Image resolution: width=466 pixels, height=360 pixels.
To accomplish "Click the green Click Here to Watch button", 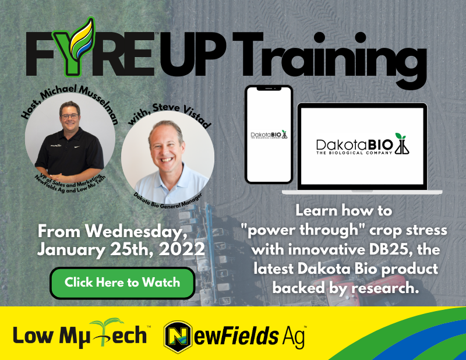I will point(122,283).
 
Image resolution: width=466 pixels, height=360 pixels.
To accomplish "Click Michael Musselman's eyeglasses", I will point(70,116).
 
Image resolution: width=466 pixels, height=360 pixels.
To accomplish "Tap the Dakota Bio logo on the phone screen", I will point(268,135).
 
